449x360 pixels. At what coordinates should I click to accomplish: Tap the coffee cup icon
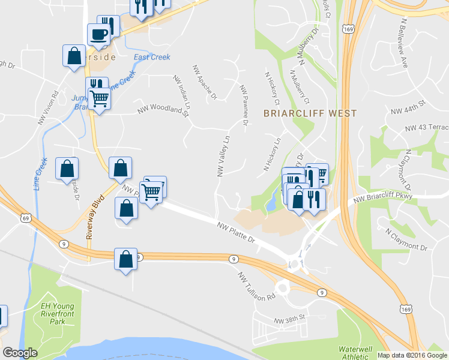pyautogui.click(x=98, y=35)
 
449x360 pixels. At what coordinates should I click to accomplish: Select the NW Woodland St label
pyautogui.click(x=163, y=109)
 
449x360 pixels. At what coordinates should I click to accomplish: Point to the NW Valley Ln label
pyautogui.click(x=224, y=155)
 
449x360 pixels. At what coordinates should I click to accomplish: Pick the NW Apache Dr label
pyautogui.click(x=204, y=81)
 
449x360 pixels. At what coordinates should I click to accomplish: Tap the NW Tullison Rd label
pyautogui.click(x=256, y=287)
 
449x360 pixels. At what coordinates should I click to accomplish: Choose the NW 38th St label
pyautogui.click(x=290, y=316)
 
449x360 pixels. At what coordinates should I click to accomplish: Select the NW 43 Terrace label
pyautogui.click(x=427, y=128)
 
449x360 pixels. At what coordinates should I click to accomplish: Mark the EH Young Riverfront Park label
pyautogui.click(x=52, y=314)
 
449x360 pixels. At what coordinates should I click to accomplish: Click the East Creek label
pyautogui.click(x=152, y=58)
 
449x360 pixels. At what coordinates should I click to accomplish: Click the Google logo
pyautogui.click(x=19, y=353)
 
